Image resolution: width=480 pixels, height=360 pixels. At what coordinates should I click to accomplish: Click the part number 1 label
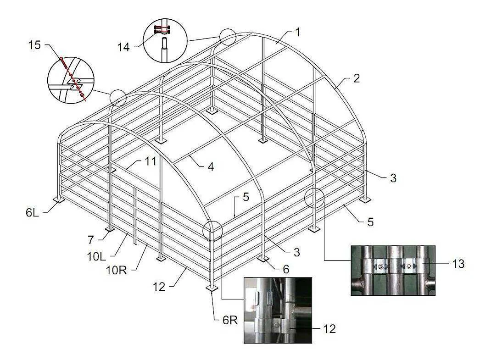[x=298, y=32]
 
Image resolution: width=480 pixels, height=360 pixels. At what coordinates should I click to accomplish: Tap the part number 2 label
[x=356, y=78]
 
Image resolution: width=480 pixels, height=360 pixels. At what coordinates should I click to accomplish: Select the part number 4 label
[x=211, y=166]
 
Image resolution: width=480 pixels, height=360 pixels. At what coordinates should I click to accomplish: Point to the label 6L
[x=33, y=213]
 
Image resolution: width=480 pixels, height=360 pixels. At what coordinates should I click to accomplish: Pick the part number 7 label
[x=90, y=240]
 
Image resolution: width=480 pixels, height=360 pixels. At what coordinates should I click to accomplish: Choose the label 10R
[x=116, y=270]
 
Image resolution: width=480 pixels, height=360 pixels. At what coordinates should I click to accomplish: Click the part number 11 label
[x=150, y=161]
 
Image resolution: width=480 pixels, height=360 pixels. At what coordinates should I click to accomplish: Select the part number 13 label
[x=458, y=264]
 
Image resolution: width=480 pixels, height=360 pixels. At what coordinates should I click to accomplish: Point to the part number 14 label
[x=124, y=47]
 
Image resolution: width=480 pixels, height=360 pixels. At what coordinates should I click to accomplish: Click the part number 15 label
[x=34, y=45]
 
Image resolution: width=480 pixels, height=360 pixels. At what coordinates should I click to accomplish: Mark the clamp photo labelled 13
[x=393, y=270]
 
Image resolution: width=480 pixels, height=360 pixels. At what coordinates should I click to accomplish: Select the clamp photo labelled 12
[x=278, y=310]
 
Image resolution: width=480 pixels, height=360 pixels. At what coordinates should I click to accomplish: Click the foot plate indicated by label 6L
[x=58, y=200]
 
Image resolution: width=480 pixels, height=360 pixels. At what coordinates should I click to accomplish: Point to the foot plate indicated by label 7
[x=110, y=229]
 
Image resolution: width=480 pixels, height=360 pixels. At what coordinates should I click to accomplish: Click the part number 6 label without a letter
[x=286, y=269]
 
